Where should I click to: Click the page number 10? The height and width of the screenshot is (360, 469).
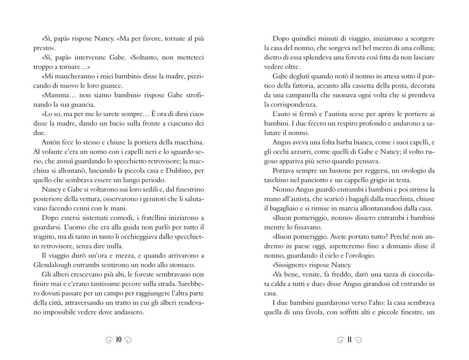point(118,340)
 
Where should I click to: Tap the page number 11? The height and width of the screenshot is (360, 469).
point(349,340)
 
